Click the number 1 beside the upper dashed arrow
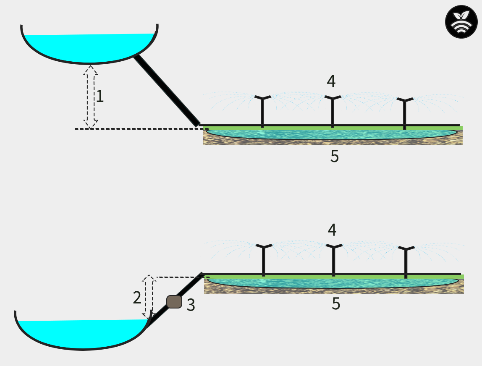[x=100, y=97]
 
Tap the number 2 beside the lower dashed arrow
[x=137, y=298]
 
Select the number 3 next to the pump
[x=191, y=305]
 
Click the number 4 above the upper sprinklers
[x=331, y=81]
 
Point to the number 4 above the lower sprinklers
[x=332, y=230]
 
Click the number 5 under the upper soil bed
[x=334, y=156]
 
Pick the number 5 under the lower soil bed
[x=335, y=304]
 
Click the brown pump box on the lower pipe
[x=174, y=302]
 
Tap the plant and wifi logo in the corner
[x=461, y=22]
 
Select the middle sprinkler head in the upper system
[x=332, y=99]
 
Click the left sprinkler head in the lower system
[x=264, y=247]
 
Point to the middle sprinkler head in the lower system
[x=333, y=247]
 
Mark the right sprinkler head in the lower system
[x=406, y=249]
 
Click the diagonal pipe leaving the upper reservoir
[x=166, y=91]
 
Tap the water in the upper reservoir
[x=89, y=47]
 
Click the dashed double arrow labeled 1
[x=91, y=97]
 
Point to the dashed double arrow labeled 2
[x=148, y=297]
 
